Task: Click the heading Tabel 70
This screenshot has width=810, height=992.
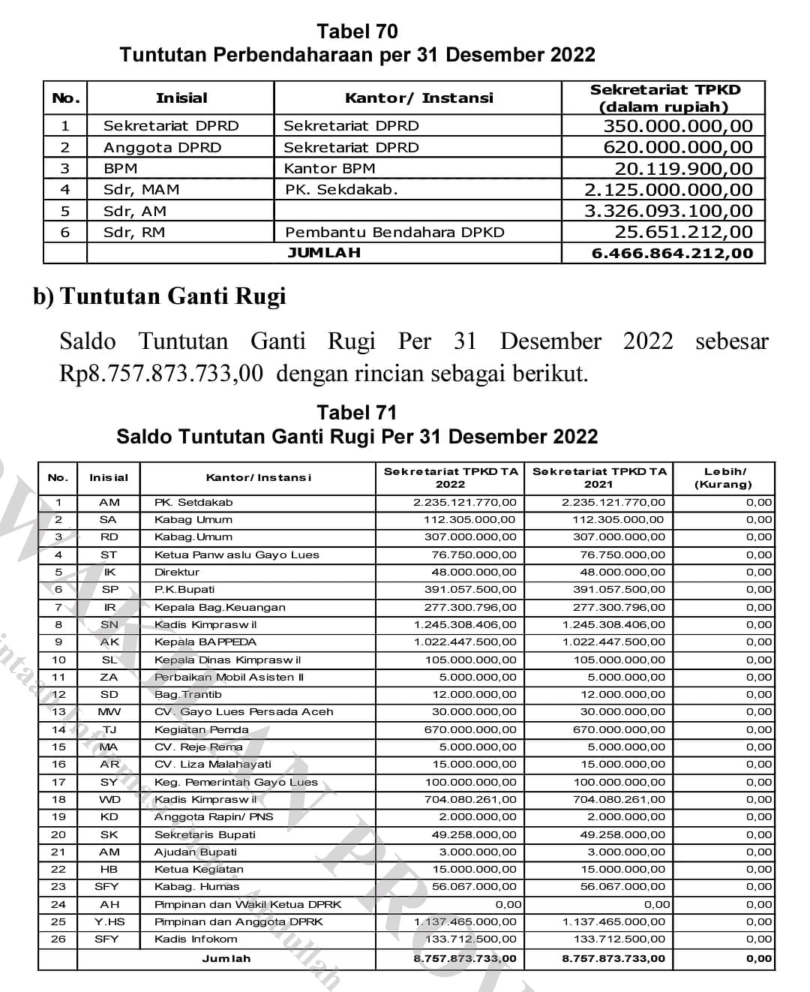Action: click(357, 32)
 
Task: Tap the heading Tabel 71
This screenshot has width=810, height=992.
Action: click(357, 413)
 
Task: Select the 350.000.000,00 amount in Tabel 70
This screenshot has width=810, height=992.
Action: click(677, 126)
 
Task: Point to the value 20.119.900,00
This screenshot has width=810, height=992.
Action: click(683, 169)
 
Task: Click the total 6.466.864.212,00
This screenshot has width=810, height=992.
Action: click(672, 254)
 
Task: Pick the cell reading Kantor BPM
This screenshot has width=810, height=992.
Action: click(329, 169)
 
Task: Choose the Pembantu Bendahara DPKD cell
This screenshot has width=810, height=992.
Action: click(394, 233)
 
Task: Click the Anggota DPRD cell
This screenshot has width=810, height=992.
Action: click(162, 148)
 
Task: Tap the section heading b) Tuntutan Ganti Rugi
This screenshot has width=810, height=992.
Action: click(159, 296)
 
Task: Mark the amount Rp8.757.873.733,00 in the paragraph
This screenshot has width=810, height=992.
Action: click(161, 373)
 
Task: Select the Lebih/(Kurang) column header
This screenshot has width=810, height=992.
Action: click(724, 478)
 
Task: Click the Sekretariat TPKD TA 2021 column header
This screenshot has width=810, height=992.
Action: click(598, 478)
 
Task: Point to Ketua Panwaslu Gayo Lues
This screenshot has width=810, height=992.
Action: click(236, 555)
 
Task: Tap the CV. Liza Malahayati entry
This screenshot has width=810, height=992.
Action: click(212, 765)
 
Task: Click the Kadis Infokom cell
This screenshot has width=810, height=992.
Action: click(196, 939)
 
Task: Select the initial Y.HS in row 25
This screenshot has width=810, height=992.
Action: click(109, 922)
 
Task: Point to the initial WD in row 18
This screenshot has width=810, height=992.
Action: click(109, 800)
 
